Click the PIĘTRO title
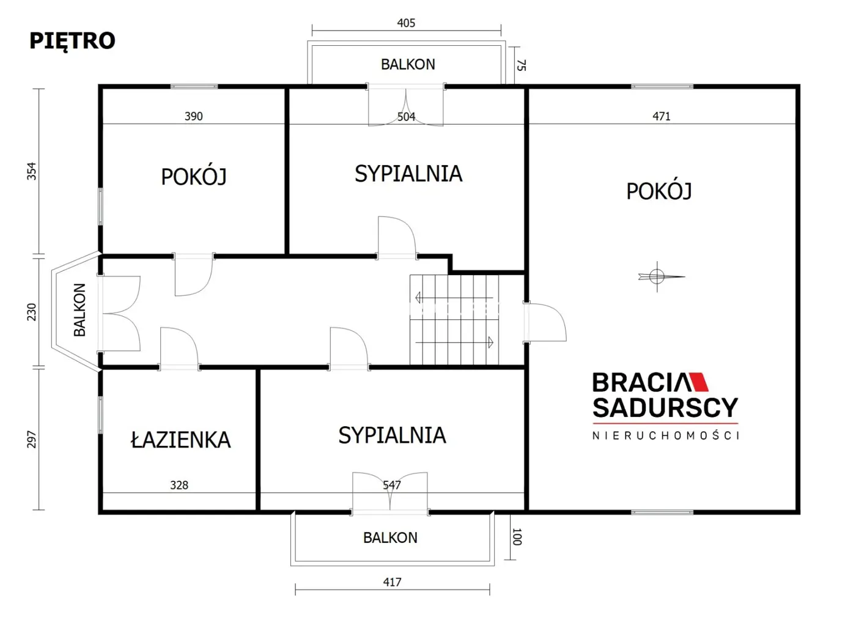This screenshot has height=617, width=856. pyautogui.click(x=72, y=41)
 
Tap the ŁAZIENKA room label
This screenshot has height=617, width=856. pyautogui.click(x=181, y=440)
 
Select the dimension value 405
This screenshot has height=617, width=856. pyautogui.click(x=406, y=23)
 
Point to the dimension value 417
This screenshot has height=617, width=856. pyautogui.click(x=392, y=582)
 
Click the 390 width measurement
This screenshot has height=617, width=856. pyautogui.click(x=193, y=116)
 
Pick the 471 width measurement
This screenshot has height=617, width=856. pyautogui.click(x=661, y=116)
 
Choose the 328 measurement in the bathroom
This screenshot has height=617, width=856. pyautogui.click(x=179, y=485)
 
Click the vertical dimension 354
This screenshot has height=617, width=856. pyautogui.click(x=32, y=171)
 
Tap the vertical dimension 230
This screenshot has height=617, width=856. pyautogui.click(x=32, y=312)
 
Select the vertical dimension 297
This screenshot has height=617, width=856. pyautogui.click(x=32, y=439)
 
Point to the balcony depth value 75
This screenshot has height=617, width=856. pyautogui.click(x=521, y=65)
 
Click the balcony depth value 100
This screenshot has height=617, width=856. pyautogui.click(x=517, y=537)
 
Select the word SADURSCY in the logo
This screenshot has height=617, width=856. pyautogui.click(x=665, y=408)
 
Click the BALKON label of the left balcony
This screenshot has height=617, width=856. pyautogui.click(x=79, y=310)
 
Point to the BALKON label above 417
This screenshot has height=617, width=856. pyautogui.click(x=390, y=538)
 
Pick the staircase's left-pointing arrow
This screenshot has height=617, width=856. pyautogui.click(x=454, y=297)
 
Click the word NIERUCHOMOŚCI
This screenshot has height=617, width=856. pyautogui.click(x=665, y=436)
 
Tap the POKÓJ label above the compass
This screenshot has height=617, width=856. pyautogui.click(x=659, y=191)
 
